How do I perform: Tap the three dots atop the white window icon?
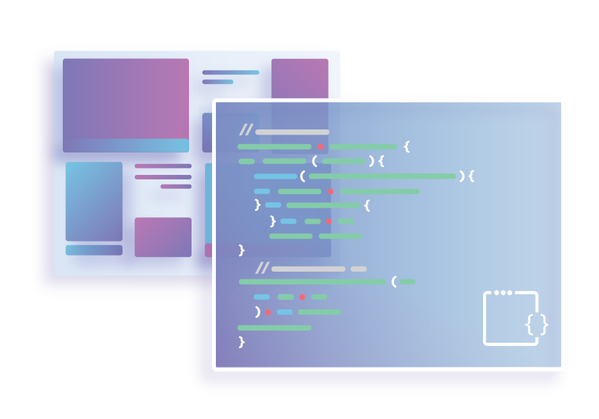504,293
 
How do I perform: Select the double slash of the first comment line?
246,131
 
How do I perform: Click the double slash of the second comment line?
262,268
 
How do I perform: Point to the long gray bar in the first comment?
292,132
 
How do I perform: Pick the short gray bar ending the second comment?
359,268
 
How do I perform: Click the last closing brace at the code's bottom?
242,342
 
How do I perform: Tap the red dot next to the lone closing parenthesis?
268,313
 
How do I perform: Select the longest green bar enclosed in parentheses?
382,176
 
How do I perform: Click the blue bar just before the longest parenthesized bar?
275,176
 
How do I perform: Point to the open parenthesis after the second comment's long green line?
394,281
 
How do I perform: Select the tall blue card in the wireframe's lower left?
94,201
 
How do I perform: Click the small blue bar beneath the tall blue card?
94,250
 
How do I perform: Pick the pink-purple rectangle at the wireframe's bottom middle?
163,237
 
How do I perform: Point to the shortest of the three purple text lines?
176,186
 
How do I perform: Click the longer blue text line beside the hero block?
231,72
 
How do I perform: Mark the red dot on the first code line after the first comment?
320,147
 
